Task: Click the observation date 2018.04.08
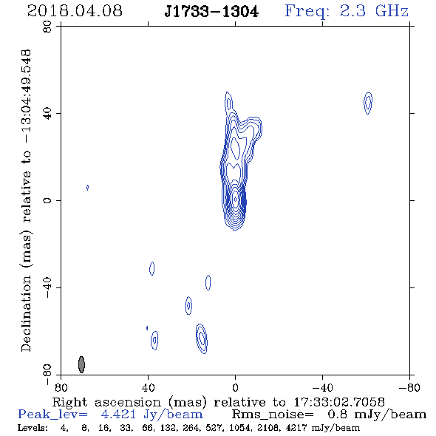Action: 75,11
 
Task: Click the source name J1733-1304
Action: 211,12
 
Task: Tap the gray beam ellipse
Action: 81,364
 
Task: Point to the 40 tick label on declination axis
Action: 47,114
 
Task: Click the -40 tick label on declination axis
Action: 47,287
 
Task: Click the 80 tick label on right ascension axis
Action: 61,387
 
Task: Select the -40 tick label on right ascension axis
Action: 322,387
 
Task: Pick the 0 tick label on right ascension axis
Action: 235,387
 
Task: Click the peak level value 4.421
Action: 118,415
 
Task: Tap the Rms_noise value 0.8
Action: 337,415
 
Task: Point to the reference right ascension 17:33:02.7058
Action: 339,402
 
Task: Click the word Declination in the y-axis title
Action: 26,313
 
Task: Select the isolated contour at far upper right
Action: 368,103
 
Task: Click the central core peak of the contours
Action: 235,199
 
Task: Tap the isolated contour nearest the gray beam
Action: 154,340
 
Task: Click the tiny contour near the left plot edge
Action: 87,188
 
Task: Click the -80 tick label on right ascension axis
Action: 409,387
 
